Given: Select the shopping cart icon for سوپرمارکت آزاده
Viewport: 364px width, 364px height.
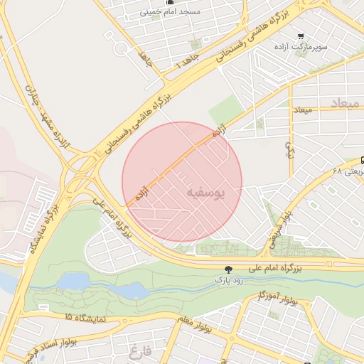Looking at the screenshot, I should coord(301,36).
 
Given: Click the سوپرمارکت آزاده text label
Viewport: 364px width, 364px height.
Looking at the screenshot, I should coord(301,46).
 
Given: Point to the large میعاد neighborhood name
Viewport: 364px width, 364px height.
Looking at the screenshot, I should coord(345,103).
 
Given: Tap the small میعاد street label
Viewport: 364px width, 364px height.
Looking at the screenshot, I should coord(303,110).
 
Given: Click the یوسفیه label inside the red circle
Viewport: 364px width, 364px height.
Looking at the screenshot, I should coord(208,193).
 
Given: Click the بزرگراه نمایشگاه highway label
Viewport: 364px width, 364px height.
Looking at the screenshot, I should coord(43,221).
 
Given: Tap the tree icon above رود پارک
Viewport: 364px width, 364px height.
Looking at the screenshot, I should coord(227,269).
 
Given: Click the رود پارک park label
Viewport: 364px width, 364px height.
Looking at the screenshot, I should coord(228,280).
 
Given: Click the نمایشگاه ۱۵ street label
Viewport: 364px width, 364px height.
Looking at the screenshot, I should coord(85,318).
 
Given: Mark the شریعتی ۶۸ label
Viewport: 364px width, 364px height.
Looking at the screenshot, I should coord(348,171).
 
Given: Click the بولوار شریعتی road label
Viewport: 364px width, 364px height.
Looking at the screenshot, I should coord(279,226).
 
